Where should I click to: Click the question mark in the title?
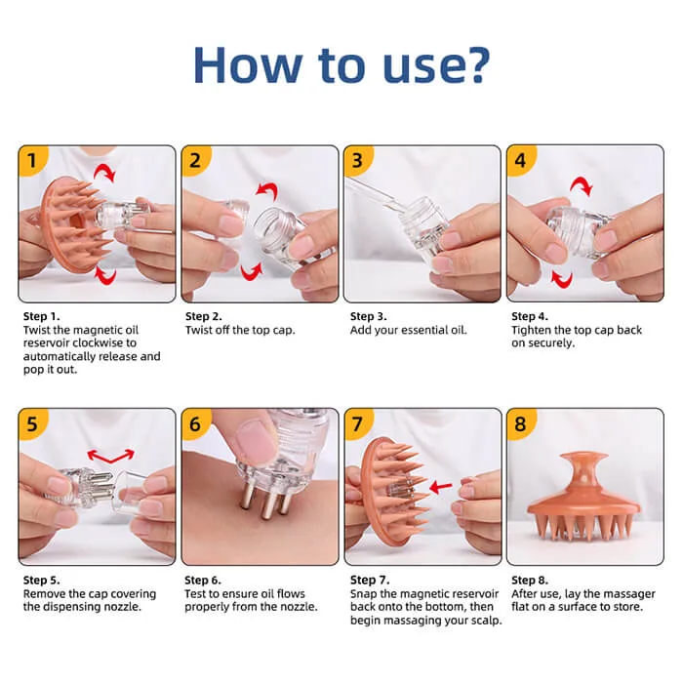pos(477,65)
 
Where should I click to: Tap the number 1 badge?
pos(31,161)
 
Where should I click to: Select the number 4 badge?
pos(520,161)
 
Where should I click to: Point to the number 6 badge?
pos(195,423)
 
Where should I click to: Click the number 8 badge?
pos(520,423)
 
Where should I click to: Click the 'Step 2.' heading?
pos(203,316)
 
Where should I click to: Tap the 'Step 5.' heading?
pos(41,580)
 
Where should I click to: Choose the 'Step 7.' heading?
pos(370,580)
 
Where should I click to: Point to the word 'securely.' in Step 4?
pos(550,343)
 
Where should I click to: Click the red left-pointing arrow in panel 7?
pos(441,487)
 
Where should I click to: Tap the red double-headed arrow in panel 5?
pos(110,456)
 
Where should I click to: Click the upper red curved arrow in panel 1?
pos(104,172)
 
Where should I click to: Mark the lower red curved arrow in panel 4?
pos(561,278)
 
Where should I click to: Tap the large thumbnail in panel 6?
pos(255,442)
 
